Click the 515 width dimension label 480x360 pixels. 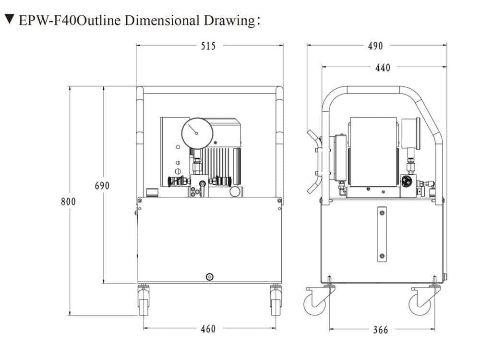tap(208, 46)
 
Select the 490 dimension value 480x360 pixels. tap(375, 46)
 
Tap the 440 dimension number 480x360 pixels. tap(383, 68)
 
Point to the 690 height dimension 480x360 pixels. tap(102, 186)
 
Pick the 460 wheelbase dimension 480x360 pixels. tap(208, 329)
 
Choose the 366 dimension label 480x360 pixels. tap(380, 330)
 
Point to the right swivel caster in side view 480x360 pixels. tap(421, 301)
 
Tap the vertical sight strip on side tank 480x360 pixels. tap(382, 234)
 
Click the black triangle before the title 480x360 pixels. tap(9, 20)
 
